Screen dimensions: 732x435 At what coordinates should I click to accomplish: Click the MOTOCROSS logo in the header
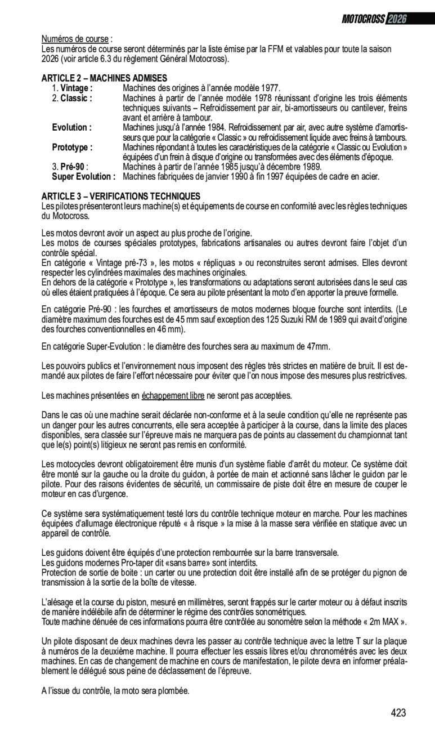point(363,19)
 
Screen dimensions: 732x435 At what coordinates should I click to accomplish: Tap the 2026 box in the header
point(396,19)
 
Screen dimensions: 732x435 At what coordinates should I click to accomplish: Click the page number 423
point(398,713)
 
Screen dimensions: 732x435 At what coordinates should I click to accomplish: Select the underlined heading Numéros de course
point(75,39)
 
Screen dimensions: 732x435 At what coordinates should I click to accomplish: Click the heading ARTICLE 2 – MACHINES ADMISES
point(104,78)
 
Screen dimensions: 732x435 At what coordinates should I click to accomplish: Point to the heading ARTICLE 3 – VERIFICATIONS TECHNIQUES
point(120,196)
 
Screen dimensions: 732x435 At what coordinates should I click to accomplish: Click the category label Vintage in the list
point(76,88)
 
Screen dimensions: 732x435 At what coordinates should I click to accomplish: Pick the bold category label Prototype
point(72,147)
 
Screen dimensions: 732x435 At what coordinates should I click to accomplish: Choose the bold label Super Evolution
point(84,177)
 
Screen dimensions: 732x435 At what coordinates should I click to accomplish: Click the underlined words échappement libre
point(173,396)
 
